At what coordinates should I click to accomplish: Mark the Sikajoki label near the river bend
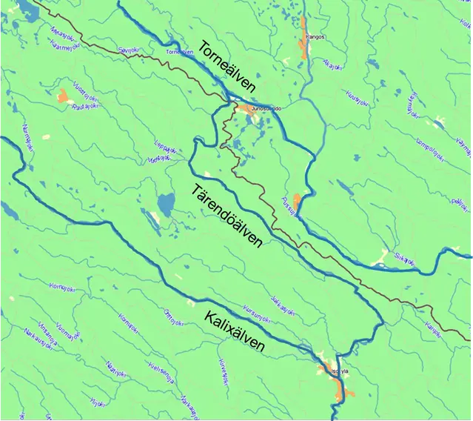pyautogui.click(x=406, y=257)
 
